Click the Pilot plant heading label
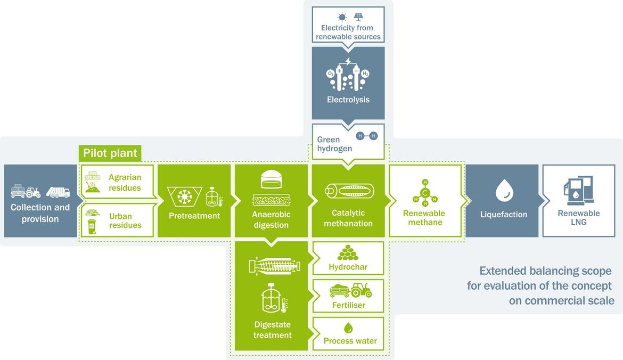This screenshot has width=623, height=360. (110, 153)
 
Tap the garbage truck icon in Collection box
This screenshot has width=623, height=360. (58, 192)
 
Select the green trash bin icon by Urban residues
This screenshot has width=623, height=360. (92, 226)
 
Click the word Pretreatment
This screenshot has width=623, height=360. (194, 216)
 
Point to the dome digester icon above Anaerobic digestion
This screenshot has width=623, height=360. (272, 179)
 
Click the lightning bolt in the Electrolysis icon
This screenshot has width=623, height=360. (348, 61)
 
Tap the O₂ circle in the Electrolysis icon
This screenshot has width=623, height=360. (330, 73)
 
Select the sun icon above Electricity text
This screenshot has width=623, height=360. (342, 17)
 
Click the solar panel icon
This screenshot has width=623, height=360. (358, 17)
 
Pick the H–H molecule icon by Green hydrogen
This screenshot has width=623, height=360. (367, 136)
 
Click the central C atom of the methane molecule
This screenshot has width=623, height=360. (425, 193)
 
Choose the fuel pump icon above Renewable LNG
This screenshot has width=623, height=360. (578, 190)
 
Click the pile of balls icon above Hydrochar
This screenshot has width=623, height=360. (348, 253)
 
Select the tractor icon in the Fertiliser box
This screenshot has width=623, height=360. (361, 290)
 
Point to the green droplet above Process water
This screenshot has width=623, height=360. (348, 328)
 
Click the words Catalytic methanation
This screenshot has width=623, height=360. (348, 218)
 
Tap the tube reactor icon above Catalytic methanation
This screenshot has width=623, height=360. (349, 191)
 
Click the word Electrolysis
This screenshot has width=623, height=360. (348, 100)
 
